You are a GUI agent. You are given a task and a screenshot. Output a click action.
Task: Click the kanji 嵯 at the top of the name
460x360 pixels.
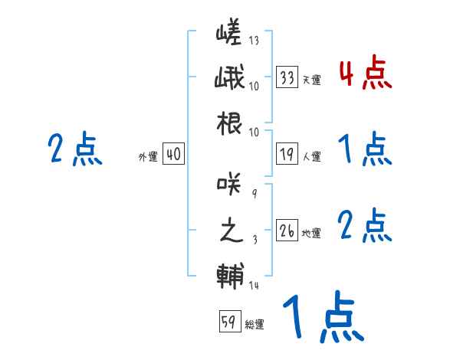(229, 34)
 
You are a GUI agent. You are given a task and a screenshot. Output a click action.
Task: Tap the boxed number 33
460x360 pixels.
(287, 77)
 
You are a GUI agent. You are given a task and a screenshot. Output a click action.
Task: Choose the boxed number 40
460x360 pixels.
(173, 155)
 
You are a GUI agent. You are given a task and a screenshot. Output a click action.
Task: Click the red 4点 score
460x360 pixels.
(365, 74)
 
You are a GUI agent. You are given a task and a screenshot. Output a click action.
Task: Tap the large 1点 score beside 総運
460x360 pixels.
(321, 318)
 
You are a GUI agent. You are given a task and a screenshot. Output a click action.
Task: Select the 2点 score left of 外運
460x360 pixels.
(75, 149)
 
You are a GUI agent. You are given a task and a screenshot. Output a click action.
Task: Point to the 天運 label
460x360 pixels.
(311, 79)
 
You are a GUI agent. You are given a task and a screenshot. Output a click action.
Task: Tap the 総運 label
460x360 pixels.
(255, 324)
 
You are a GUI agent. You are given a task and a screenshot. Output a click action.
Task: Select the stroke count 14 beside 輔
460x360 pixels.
(255, 285)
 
